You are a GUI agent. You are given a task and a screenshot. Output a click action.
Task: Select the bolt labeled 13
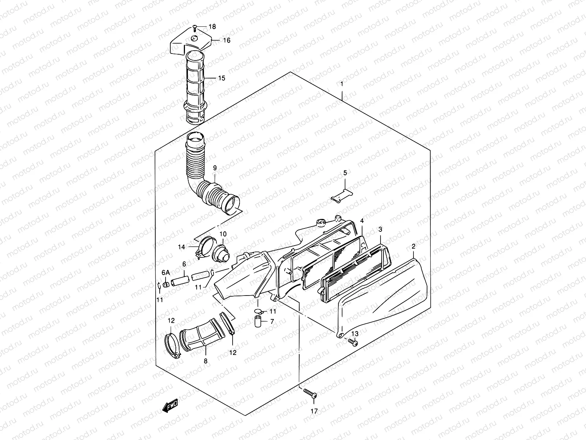(353, 342)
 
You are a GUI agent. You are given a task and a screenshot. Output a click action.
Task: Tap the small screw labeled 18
(195, 26)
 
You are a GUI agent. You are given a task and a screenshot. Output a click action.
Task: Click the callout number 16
(227, 40)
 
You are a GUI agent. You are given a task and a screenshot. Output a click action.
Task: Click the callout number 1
(341, 84)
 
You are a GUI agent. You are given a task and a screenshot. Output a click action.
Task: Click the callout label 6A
(166, 272)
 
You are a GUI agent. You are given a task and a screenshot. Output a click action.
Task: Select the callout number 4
(361, 221)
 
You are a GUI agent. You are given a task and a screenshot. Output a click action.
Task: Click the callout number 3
(380, 230)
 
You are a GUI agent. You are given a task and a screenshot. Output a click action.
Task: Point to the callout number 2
(413, 246)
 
